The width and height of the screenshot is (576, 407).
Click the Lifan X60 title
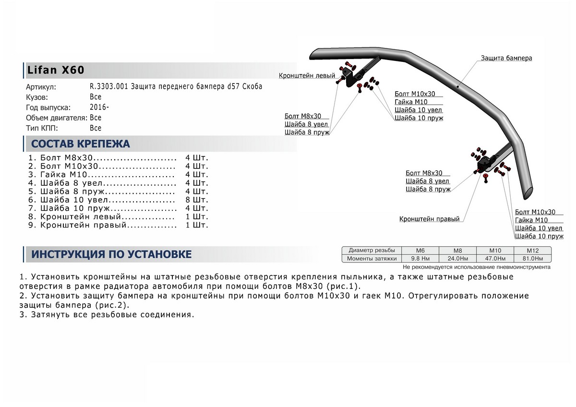pos(54,70)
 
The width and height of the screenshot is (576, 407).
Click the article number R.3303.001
pos(110,87)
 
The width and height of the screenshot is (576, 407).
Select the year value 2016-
pos(99,107)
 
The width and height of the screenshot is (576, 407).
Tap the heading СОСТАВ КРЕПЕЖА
pos(80,144)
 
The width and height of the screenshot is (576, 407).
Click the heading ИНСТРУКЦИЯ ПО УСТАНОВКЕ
pos(111,254)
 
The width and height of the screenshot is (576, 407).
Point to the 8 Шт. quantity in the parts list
pos(197,200)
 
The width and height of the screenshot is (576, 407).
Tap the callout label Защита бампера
pos(506,58)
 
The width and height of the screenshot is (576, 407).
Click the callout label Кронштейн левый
pos(307,76)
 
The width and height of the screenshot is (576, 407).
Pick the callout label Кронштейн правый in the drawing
pos(429,219)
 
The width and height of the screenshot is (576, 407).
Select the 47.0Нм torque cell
pos(495,259)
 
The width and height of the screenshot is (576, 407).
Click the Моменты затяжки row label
pos(372,259)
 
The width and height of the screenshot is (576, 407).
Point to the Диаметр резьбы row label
pos(372,251)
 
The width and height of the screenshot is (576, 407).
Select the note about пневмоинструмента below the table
pos(476,267)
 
